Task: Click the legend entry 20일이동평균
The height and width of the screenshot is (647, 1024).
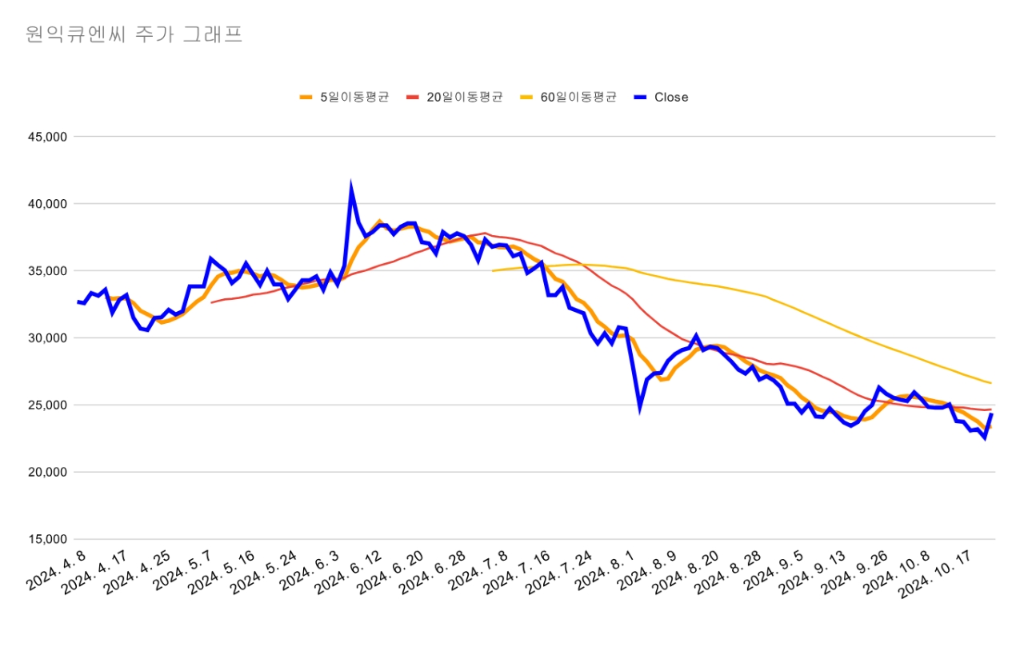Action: [464, 98]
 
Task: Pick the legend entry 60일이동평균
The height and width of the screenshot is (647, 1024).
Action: [578, 98]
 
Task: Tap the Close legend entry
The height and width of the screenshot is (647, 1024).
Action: [670, 98]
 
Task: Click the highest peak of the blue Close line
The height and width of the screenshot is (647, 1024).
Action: [351, 188]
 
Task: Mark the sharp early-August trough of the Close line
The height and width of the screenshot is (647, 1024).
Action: [640, 407]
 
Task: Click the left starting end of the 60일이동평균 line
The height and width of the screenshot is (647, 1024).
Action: [493, 271]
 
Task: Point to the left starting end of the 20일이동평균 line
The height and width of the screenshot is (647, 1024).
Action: [212, 302]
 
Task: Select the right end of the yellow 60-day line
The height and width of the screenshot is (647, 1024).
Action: [990, 383]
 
